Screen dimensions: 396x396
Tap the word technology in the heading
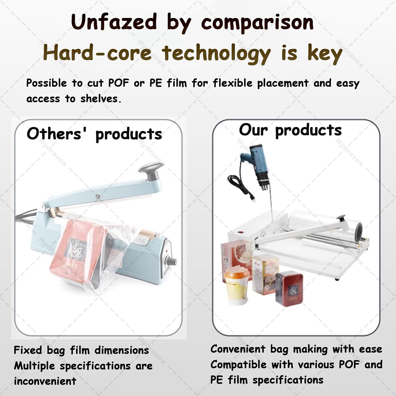(x=216, y=53)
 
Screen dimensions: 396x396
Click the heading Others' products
(x=94, y=134)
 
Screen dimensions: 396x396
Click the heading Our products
(x=290, y=130)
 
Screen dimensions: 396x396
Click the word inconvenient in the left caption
(x=45, y=381)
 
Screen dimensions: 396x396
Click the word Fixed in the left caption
(x=28, y=350)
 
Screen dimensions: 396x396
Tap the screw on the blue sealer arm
(x=98, y=196)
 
